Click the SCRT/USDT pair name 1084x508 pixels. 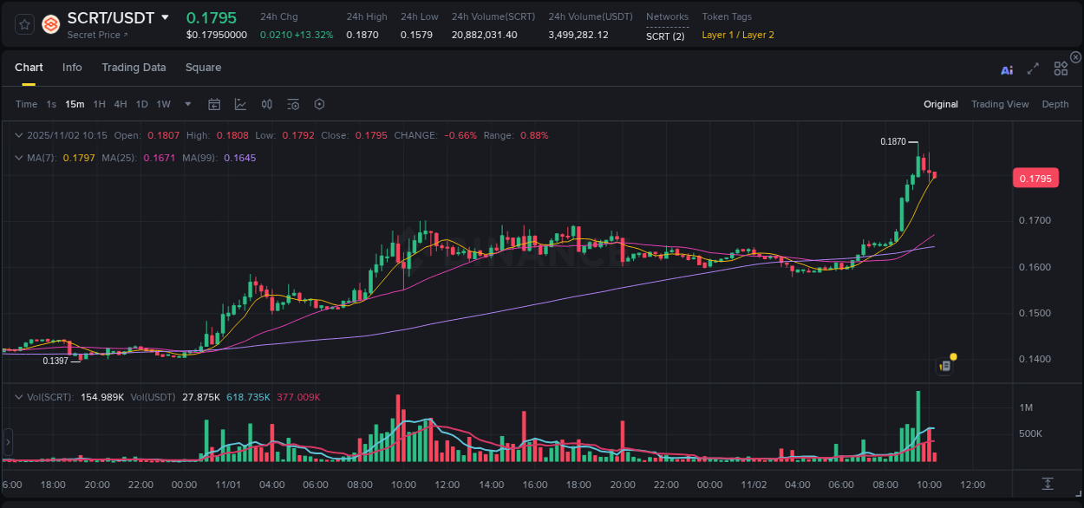pos(110,17)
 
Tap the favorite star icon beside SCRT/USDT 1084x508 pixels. pos(24,24)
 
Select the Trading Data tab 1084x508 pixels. pos(134,68)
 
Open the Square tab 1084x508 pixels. pos(203,68)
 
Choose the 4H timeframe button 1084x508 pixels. pos(121,104)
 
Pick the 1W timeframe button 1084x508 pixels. pos(163,104)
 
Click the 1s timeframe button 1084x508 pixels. pos(51,104)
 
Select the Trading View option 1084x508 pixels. pos(1000,104)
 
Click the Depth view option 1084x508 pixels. pos(1055,104)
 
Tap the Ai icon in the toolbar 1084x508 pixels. pos(1007,69)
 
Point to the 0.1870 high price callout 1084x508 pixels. pos(892,141)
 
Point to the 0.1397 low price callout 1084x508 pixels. pos(56,361)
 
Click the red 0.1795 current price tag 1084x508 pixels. pos(1035,179)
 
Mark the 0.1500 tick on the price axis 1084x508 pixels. pos(1035,313)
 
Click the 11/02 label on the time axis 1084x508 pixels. pos(754,485)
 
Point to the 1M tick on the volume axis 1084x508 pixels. pos(1026,407)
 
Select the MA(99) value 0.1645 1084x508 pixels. pos(239,158)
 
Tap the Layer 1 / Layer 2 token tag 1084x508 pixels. pos(738,35)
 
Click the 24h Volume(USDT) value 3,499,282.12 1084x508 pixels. pos(578,35)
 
